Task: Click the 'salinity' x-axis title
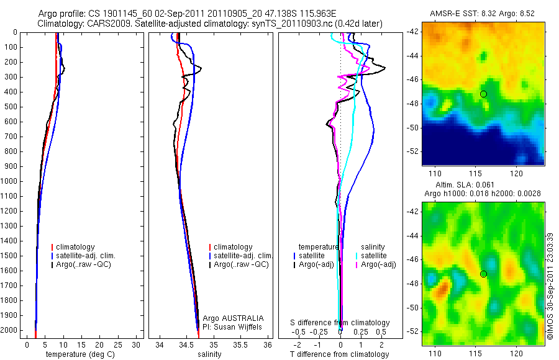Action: point(209,354)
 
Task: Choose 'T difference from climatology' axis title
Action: point(339,354)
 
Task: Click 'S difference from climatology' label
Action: point(340,323)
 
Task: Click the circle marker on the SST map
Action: point(483,94)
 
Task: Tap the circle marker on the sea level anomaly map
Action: point(483,274)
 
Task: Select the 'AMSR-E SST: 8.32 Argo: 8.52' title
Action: point(483,14)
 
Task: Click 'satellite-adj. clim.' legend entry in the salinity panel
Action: point(242,256)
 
